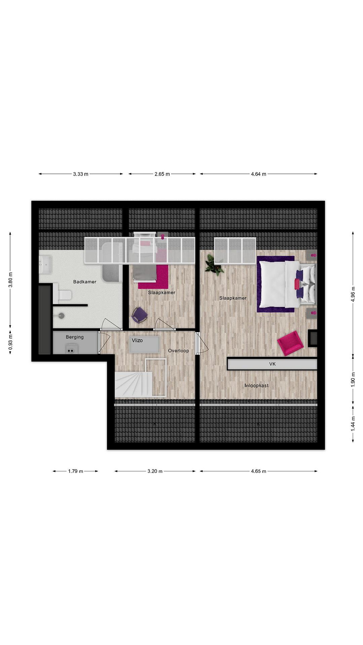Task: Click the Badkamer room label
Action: (x=85, y=282)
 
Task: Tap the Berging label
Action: (x=75, y=337)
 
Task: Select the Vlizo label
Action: (x=137, y=340)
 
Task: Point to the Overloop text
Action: (x=178, y=350)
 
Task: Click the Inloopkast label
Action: (x=257, y=385)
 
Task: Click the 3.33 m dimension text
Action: (x=81, y=174)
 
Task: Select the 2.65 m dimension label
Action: (x=162, y=174)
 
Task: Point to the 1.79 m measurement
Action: (x=76, y=471)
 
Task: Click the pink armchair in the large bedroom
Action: (x=290, y=343)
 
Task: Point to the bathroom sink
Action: (x=45, y=264)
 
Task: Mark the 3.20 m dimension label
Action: (x=155, y=471)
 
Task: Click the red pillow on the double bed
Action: (x=297, y=284)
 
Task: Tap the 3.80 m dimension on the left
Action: (x=10, y=280)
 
